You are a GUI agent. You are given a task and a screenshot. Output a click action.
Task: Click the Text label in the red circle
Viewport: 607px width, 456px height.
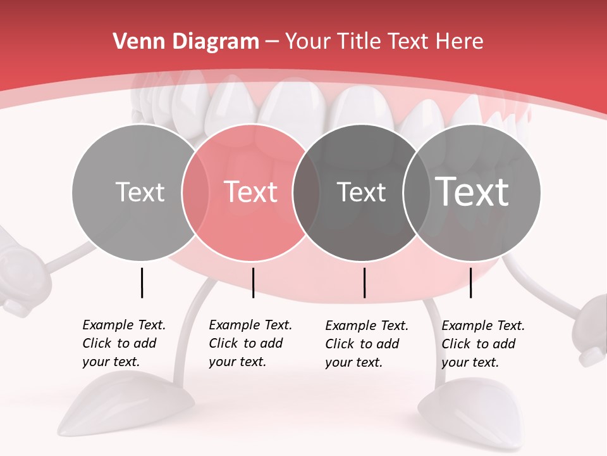pyautogui.click(x=251, y=192)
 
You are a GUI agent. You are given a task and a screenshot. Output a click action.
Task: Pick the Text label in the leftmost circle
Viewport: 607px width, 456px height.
pyautogui.click(x=140, y=192)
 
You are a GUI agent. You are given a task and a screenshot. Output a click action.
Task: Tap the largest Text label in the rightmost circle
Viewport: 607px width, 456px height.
pyautogui.click(x=472, y=192)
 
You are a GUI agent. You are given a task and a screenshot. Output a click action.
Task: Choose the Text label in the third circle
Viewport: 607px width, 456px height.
pyautogui.click(x=361, y=192)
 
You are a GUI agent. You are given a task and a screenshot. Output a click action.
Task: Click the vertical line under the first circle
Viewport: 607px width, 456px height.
pyautogui.click(x=142, y=282)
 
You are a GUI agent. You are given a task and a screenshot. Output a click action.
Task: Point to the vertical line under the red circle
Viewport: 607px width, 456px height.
pyautogui.click(x=253, y=282)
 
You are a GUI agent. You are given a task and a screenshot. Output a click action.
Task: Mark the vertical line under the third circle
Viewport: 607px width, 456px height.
pyautogui.click(x=364, y=282)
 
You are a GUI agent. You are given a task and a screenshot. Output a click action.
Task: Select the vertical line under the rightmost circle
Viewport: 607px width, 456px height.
pyautogui.click(x=470, y=282)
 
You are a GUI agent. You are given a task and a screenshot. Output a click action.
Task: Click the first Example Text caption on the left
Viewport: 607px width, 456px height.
pyautogui.click(x=123, y=343)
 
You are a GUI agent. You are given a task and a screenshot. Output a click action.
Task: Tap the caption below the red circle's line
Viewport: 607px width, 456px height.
pyautogui.click(x=250, y=343)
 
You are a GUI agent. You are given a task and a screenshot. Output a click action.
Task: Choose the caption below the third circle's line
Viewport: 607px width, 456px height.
pyautogui.click(x=366, y=344)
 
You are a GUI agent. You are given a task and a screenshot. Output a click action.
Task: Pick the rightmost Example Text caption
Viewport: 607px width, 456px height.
pyautogui.click(x=482, y=344)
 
